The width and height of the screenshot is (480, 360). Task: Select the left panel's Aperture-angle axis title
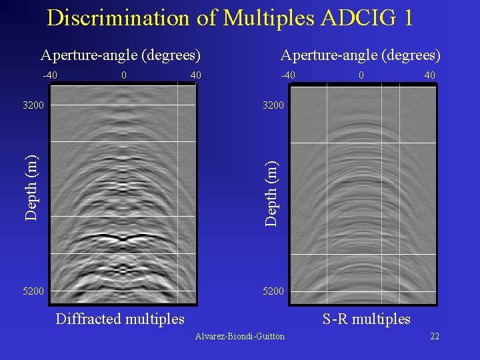point(121,55)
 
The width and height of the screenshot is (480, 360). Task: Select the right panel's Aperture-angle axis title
point(361,55)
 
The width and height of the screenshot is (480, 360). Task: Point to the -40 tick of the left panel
point(49,75)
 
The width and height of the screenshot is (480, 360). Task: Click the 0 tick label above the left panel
point(124,75)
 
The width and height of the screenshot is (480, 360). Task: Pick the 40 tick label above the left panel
point(195,75)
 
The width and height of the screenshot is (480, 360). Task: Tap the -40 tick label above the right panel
point(288,75)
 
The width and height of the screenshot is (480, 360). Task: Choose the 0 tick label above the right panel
point(361,75)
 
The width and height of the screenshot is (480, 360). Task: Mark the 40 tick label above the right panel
point(429,75)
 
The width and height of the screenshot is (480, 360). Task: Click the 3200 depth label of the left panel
point(33,105)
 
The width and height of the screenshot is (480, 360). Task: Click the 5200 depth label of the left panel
point(33,291)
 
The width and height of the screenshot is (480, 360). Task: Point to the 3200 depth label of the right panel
point(273,105)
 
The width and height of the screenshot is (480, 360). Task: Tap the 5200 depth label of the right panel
point(273,291)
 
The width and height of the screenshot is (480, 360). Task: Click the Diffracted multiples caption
point(120,319)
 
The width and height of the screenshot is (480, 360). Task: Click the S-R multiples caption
point(367,319)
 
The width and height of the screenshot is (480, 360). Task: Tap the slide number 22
point(435,336)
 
